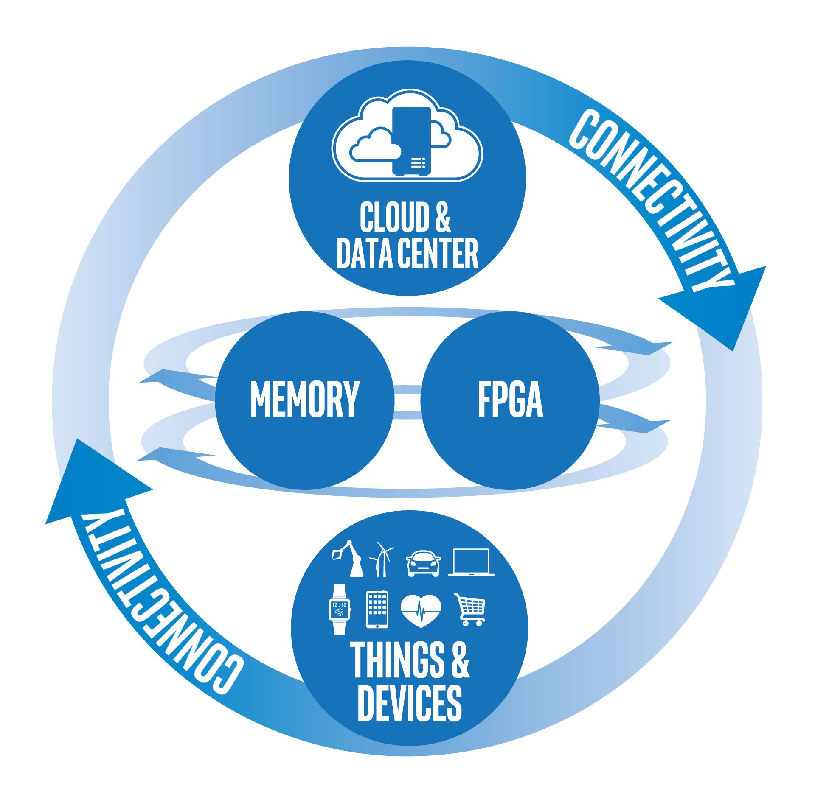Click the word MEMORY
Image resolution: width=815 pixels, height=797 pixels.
coord(305,399)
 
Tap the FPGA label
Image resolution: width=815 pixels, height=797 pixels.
coord(510,399)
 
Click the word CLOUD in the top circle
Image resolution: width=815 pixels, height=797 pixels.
coord(395,217)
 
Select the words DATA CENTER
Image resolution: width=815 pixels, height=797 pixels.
coord(407,253)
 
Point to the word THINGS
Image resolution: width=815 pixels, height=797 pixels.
coord(397,660)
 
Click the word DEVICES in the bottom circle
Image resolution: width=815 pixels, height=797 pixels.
coord(410,703)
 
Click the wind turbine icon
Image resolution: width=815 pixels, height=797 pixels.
coord(382,559)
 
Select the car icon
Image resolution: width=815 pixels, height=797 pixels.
coord(423,564)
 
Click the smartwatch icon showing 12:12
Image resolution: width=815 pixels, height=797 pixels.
coord(340,609)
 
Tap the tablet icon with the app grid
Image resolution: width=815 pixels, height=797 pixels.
coord(377,609)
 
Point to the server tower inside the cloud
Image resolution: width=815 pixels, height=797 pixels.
coord(411,141)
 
